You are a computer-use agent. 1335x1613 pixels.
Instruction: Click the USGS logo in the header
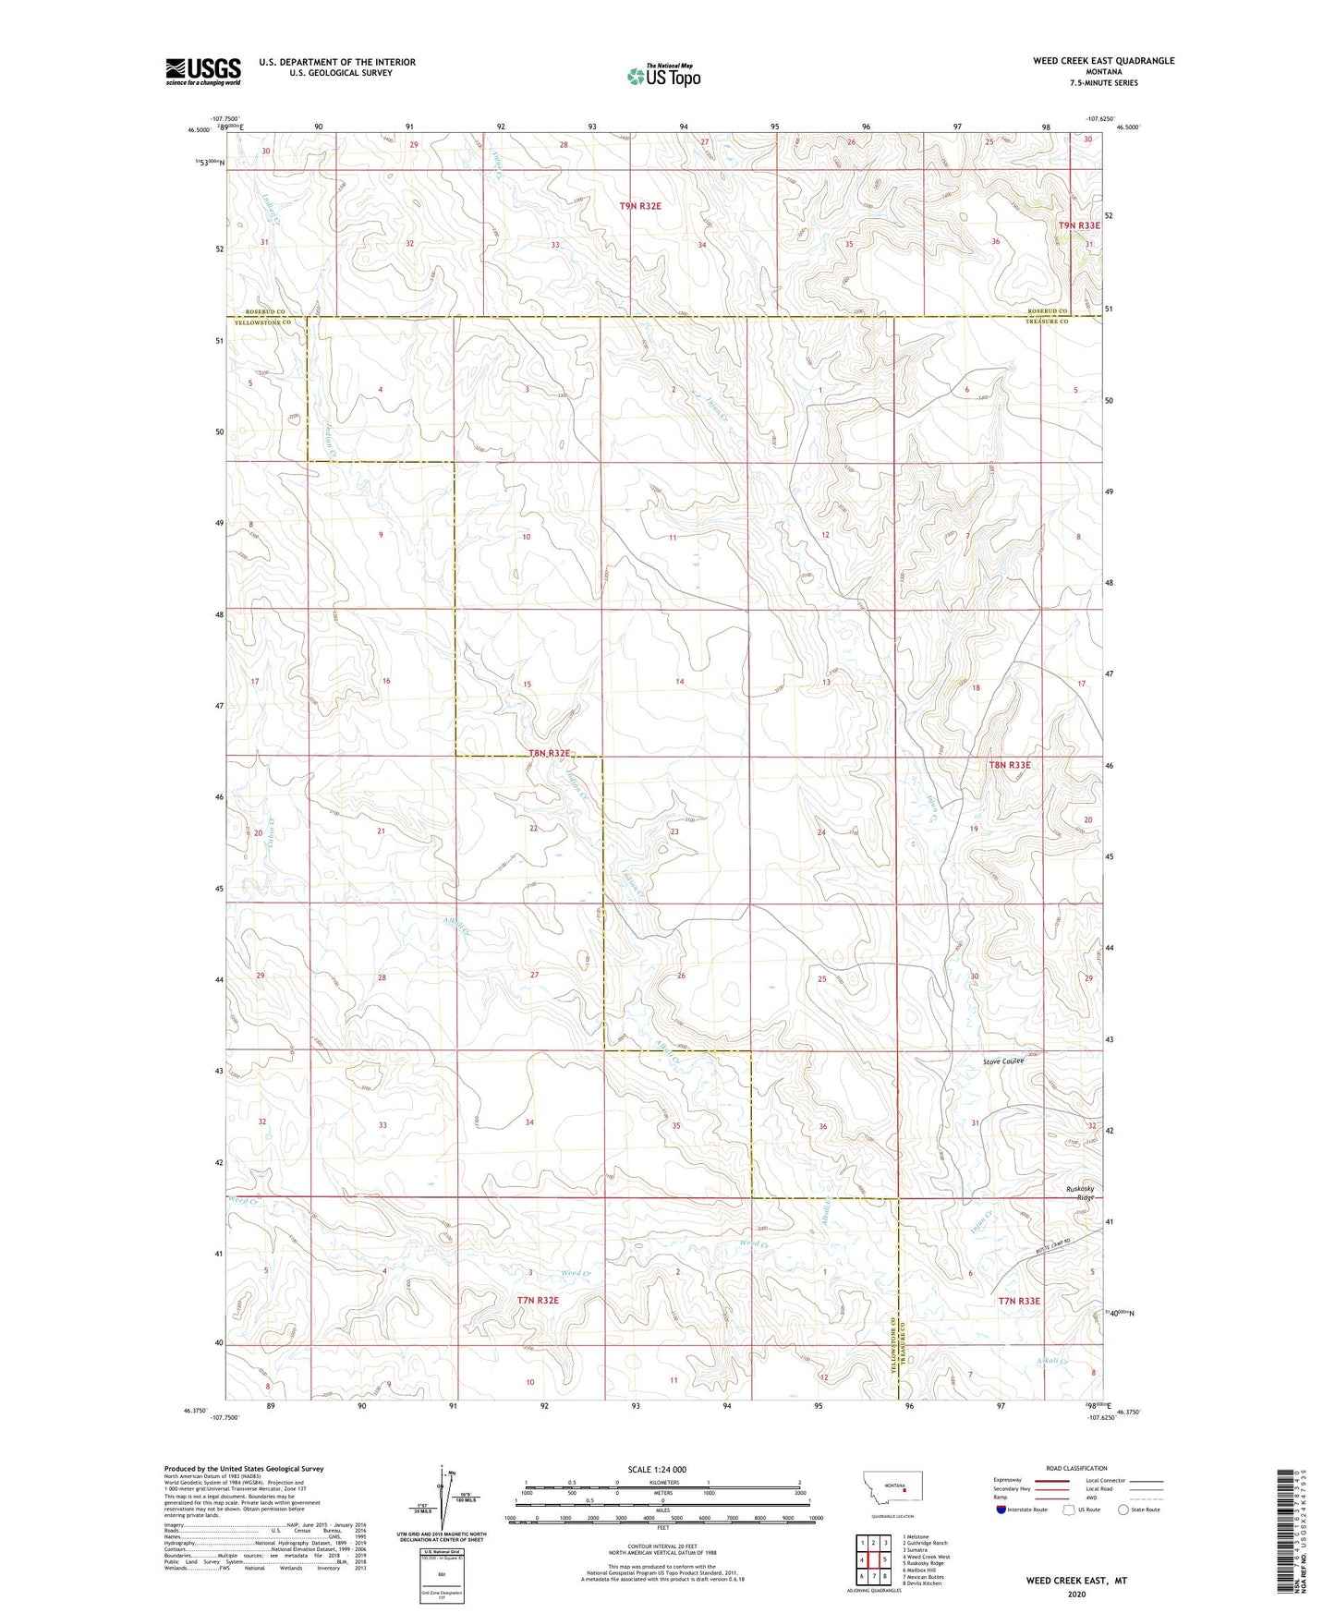202,71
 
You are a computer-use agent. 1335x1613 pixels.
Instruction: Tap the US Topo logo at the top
662,76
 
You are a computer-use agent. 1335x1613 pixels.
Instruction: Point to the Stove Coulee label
1003,1061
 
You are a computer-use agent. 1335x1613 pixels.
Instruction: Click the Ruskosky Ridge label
1079,1193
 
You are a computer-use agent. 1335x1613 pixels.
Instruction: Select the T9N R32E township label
640,206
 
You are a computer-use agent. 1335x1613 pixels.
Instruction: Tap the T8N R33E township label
1009,765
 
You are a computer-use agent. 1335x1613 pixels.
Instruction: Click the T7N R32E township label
538,1300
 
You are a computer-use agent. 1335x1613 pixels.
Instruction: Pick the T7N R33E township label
1018,1301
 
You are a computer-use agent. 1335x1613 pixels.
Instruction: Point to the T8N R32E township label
549,753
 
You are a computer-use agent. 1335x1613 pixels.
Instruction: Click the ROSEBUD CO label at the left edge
265,312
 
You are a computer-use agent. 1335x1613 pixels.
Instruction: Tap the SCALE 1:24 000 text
657,1469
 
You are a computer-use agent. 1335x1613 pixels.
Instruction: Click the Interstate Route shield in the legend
1001,1510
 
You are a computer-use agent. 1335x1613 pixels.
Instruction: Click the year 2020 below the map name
1076,1594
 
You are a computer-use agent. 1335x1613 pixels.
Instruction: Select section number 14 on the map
679,682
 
